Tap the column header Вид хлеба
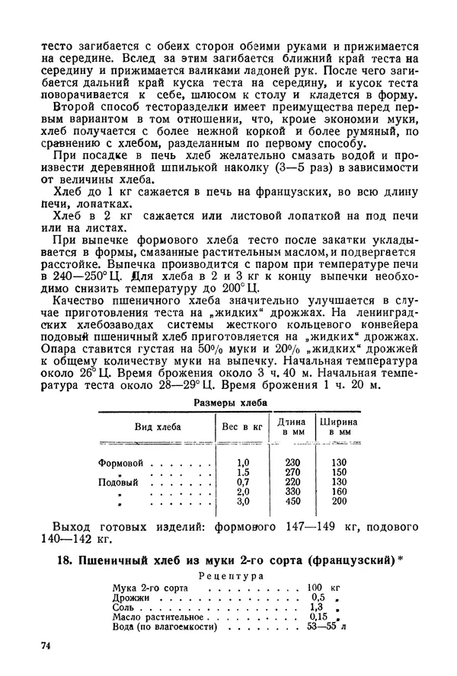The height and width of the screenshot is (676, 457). click(158, 427)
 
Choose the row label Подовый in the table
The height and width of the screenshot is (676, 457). click(119, 482)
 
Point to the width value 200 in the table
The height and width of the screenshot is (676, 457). click(339, 501)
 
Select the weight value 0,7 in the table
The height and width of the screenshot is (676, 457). click(244, 482)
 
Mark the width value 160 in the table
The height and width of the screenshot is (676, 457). click(339, 492)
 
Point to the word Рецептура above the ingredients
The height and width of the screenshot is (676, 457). click(231, 576)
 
